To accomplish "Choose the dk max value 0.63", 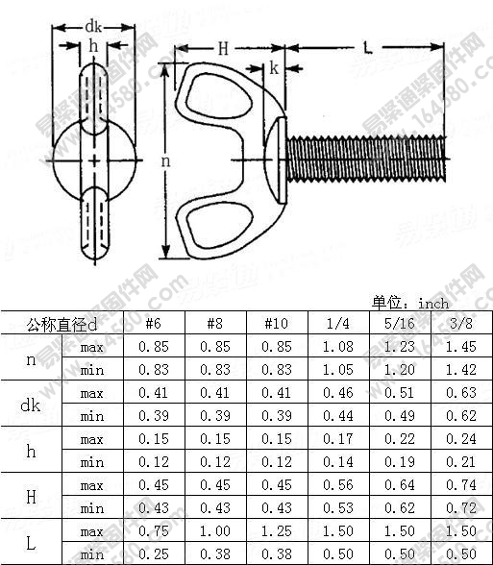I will [x=460, y=393].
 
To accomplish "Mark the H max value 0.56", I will [x=337, y=485].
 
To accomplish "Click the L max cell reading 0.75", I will [x=154, y=531].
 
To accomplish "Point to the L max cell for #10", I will [x=276, y=531].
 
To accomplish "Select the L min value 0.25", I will [x=154, y=554].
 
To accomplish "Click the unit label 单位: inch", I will [x=410, y=303].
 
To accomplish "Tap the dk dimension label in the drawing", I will [x=92, y=26].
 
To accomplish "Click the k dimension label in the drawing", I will [x=274, y=68].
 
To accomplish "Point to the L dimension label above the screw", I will [x=368, y=46].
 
